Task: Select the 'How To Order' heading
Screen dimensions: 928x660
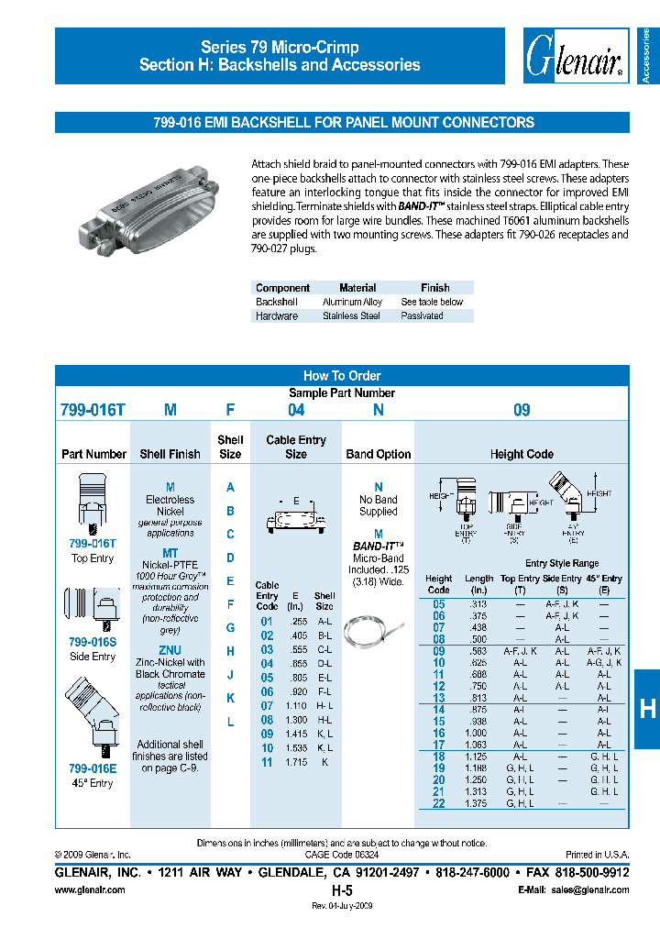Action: [342, 376]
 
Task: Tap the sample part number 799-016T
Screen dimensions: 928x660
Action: [93, 411]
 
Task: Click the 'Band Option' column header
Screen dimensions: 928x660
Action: [379, 454]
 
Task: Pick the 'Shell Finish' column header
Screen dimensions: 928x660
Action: [170, 454]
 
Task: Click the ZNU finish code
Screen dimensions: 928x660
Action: [170, 650]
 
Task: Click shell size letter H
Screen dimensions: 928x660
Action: [230, 651]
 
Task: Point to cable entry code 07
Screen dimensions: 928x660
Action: [267, 706]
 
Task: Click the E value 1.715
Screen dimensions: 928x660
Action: [295, 762]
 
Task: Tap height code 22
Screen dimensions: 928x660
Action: [438, 803]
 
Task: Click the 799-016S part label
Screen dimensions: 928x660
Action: [93, 644]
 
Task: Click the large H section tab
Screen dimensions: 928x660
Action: [646, 707]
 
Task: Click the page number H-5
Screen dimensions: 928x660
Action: [342, 890]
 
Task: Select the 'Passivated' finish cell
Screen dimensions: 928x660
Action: [422, 315]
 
